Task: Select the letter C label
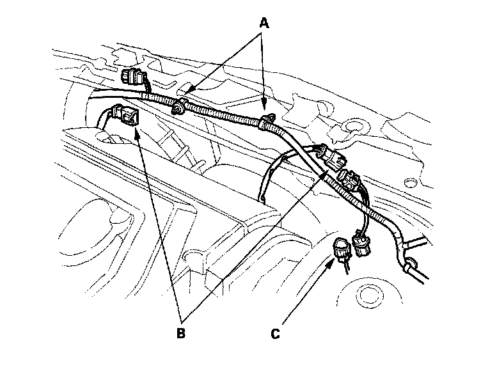pyautogui.click(x=276, y=333)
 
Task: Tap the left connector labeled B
pyautogui.click(x=127, y=116)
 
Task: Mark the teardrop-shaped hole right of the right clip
pyautogui.click(x=351, y=127)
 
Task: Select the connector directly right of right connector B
pyautogui.click(x=351, y=177)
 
